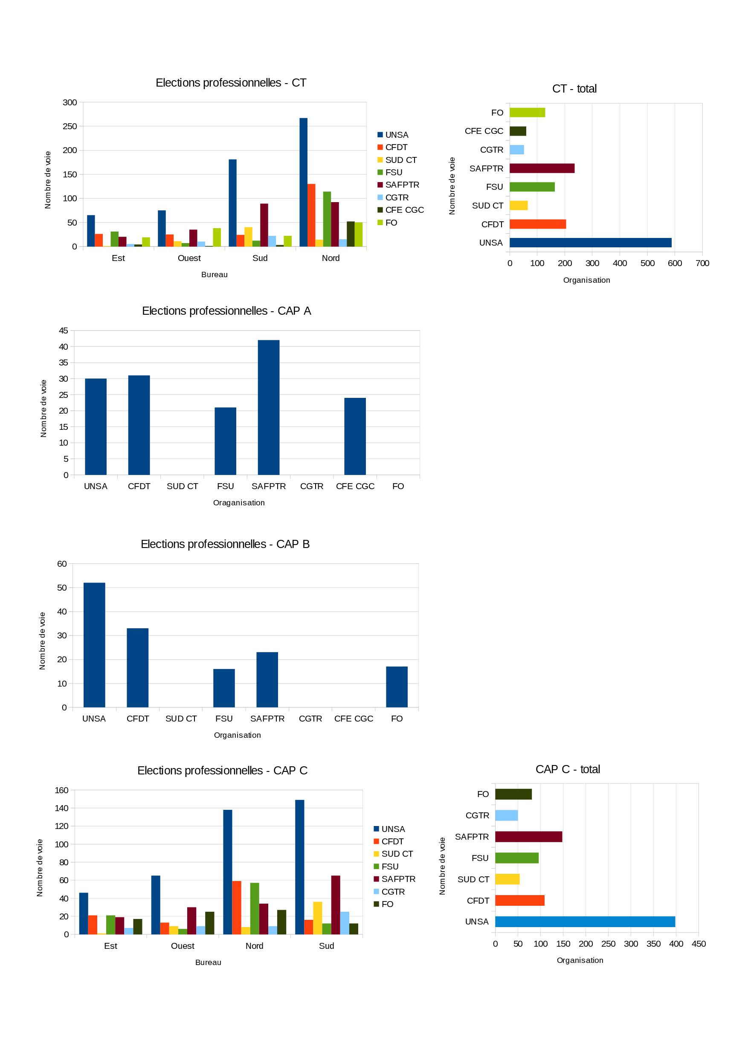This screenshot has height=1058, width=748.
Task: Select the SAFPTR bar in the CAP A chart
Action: tap(268, 407)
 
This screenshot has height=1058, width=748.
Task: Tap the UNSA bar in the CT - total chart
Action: tap(590, 243)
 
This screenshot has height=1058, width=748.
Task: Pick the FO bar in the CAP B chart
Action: tap(396, 687)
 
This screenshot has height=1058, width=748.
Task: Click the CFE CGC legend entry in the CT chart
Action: tap(404, 210)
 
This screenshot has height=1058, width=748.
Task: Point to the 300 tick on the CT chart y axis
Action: tap(70, 102)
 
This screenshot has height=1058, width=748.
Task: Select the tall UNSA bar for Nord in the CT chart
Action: tap(303, 183)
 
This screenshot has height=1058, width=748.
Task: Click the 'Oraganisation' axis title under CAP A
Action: tap(239, 503)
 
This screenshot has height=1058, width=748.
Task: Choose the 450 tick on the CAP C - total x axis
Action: tap(698, 944)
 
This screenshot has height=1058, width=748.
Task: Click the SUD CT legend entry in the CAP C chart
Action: tap(397, 854)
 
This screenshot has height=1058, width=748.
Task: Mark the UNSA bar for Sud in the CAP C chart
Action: tap(299, 867)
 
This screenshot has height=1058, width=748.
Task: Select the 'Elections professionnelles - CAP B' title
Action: tap(225, 544)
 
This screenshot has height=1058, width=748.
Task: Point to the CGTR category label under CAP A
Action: tap(312, 486)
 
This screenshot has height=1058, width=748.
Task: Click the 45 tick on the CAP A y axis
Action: tap(64, 331)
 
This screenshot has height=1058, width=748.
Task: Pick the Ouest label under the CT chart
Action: tap(189, 258)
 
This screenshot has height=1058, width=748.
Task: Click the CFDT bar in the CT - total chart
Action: tap(537, 224)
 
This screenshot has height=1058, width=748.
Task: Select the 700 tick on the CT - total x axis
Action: tap(702, 263)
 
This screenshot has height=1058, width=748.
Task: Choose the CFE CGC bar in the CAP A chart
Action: tap(355, 436)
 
